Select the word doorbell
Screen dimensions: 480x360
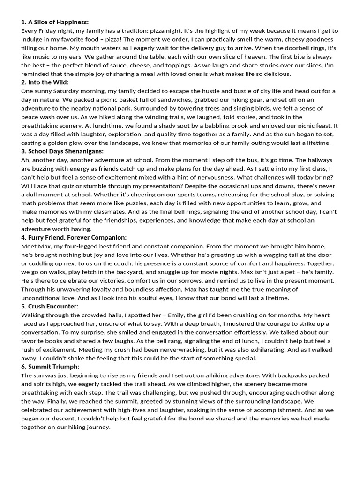pos(278,48)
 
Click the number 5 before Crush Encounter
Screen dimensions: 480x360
pos(23,307)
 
